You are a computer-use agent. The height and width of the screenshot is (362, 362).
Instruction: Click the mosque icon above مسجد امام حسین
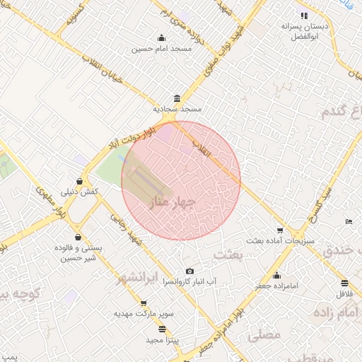[162, 38]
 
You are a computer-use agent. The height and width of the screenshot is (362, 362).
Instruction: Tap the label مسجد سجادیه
[177, 110]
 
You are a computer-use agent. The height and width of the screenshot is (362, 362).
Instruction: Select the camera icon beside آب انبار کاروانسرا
[189, 271]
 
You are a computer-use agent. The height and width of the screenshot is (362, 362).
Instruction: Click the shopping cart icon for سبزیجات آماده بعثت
[281, 230]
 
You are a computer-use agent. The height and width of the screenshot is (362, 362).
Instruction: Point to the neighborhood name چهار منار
[167, 203]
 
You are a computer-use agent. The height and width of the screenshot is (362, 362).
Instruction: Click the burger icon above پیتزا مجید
[163, 329]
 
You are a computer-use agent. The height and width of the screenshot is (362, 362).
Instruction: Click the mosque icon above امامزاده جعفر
[276, 276]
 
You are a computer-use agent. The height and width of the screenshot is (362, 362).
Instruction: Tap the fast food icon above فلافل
[344, 283]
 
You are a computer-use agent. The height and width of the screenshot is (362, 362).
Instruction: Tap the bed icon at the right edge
[349, 221]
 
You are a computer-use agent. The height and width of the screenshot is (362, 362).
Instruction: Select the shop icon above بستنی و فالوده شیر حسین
[77, 238]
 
